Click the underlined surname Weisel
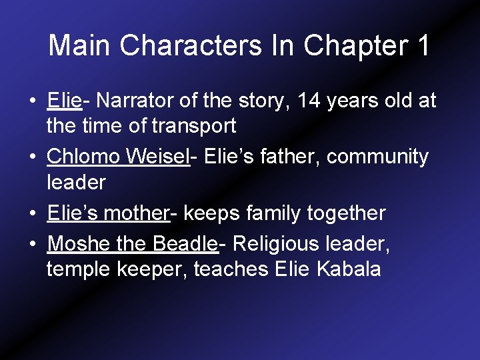pyautogui.click(x=159, y=157)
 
